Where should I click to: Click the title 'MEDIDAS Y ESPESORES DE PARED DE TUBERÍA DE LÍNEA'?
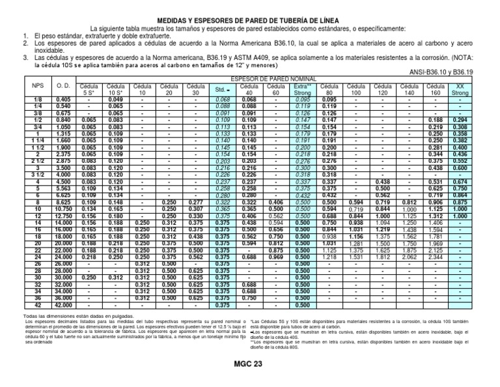[249, 21]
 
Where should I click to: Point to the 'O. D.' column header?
[62, 86]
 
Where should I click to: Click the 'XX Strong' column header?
[460, 89]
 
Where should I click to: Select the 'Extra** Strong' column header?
[302, 89]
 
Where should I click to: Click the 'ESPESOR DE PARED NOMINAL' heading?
[273, 79]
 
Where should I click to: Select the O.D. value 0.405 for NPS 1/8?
[62, 98]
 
